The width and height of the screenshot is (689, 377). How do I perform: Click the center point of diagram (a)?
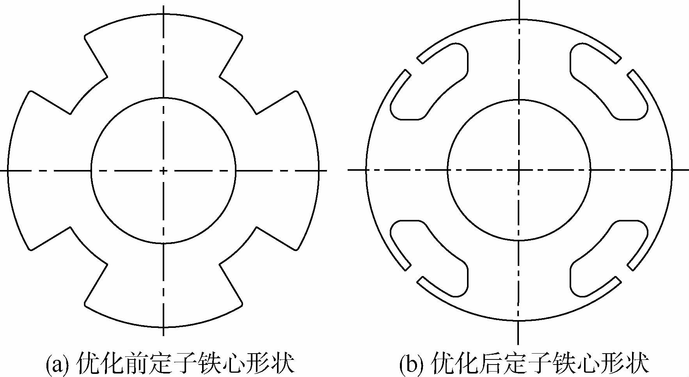163,170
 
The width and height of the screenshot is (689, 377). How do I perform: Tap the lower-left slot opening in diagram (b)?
414,273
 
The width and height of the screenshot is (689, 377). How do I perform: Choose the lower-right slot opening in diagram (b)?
624,273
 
